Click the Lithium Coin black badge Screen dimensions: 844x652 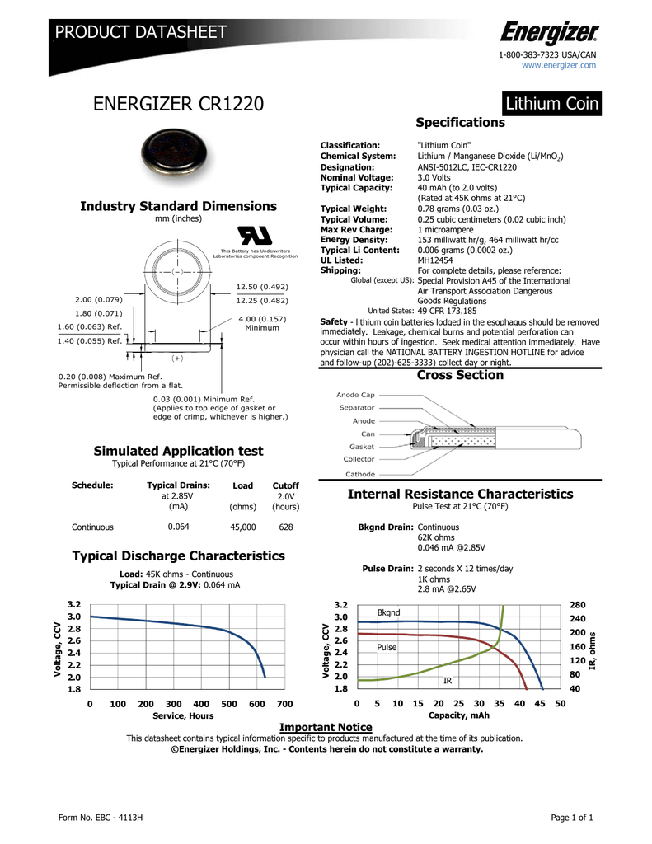(x=552, y=104)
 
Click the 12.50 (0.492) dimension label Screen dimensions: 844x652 (x=261, y=287)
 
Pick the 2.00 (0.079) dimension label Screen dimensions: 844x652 (x=98, y=299)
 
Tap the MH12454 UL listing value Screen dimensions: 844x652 (x=436, y=260)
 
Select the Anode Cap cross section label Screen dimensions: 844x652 (x=355, y=395)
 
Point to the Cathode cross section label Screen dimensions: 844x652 (x=359, y=474)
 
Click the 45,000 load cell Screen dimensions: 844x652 (x=243, y=526)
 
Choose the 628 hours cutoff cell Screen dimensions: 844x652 (x=285, y=526)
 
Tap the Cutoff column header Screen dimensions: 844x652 (x=285, y=485)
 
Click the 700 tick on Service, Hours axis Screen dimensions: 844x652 (x=284, y=704)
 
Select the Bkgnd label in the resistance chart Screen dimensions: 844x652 (x=388, y=613)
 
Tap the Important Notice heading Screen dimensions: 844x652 (x=326, y=726)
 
